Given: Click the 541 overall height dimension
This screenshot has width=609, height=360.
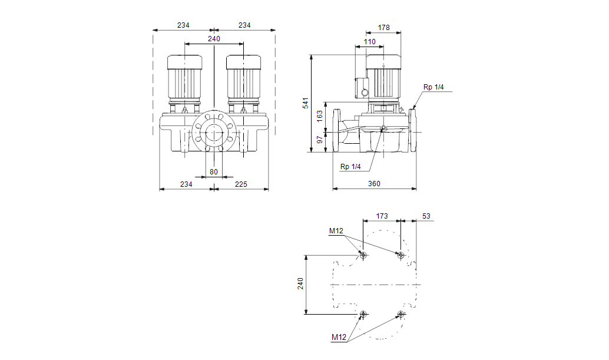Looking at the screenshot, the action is pos(306,103).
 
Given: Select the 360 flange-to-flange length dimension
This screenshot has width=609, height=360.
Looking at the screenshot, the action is pos(374,184).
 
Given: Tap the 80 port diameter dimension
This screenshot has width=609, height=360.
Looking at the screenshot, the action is pos(214,171).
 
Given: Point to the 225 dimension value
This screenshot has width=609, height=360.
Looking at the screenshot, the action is pos(241,184).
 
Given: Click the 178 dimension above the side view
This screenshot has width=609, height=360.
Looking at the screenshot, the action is pos(384,28).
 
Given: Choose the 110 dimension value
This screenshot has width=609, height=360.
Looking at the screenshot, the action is pos(370,42).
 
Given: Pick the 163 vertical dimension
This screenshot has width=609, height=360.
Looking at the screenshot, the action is pos(320,116).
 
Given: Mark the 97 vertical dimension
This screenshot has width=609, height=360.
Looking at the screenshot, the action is pos(320,140).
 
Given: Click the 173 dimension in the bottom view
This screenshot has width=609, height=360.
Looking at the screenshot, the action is pos(382,216).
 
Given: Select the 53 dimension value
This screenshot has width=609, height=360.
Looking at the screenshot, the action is pos(426,216).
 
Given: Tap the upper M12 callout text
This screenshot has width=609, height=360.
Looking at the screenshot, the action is pos(336,231).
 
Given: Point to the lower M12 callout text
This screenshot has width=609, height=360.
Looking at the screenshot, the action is pos(339,337).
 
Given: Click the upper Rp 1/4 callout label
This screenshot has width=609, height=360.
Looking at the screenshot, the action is pos(433,87).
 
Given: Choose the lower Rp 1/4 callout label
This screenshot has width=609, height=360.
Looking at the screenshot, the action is pos(350,167).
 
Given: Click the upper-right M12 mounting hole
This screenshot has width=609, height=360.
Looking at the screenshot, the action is pos(401,255).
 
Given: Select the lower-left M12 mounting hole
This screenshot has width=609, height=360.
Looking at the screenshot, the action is pos(363,314).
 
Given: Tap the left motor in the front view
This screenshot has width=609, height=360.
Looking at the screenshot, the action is pos(184,84).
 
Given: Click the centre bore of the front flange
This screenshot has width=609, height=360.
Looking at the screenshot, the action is pos(214,133).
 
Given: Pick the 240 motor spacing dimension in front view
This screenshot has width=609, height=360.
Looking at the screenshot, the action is pos(214,39).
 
